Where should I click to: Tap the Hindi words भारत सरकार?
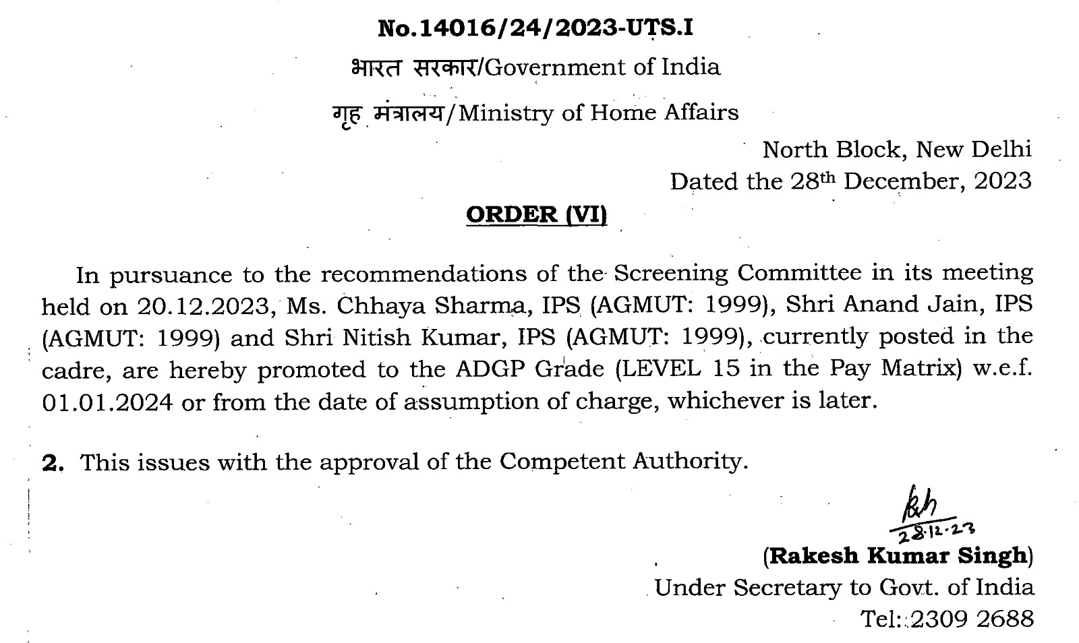413,67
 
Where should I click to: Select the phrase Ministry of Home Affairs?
598,112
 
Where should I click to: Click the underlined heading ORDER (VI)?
537,214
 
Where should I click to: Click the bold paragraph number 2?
52,463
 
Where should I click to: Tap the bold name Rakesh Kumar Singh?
898,556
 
